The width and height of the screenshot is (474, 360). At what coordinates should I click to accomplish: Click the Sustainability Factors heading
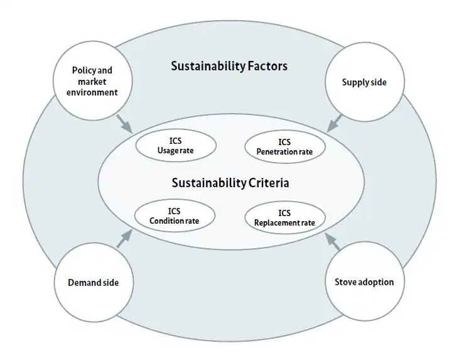coord(229,67)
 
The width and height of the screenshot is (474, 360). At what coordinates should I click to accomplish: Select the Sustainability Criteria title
coord(230,183)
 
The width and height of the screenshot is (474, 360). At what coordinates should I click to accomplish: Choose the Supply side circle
coord(364,82)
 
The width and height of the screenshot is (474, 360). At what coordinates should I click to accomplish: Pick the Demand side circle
coord(93,282)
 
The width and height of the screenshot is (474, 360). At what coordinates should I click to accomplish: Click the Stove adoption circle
coord(364,281)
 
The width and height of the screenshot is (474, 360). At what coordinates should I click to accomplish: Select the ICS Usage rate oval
coord(176,146)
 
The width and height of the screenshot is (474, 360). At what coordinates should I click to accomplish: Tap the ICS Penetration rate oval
coord(284,146)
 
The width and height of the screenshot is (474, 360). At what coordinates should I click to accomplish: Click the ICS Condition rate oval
coord(175,216)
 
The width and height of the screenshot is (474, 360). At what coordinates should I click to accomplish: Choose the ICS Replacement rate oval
coord(284,217)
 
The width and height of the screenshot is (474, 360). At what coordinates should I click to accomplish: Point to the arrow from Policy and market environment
coord(124,123)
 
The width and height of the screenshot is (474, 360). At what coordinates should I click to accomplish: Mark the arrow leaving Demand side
coord(124,239)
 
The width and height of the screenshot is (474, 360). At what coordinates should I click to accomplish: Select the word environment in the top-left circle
coord(92,92)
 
